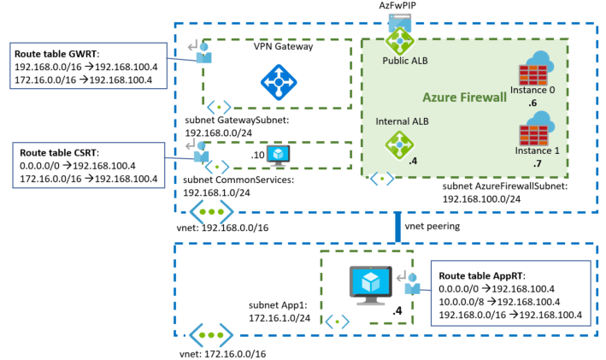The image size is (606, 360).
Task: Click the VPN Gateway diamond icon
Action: tap(278, 82)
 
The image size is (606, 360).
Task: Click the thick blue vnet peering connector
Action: tap(398, 228)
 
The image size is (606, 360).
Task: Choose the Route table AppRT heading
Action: tap(480, 276)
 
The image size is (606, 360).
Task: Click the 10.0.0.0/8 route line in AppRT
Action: tap(510, 302)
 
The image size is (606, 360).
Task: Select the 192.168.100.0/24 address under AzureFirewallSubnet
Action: tap(485, 198)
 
